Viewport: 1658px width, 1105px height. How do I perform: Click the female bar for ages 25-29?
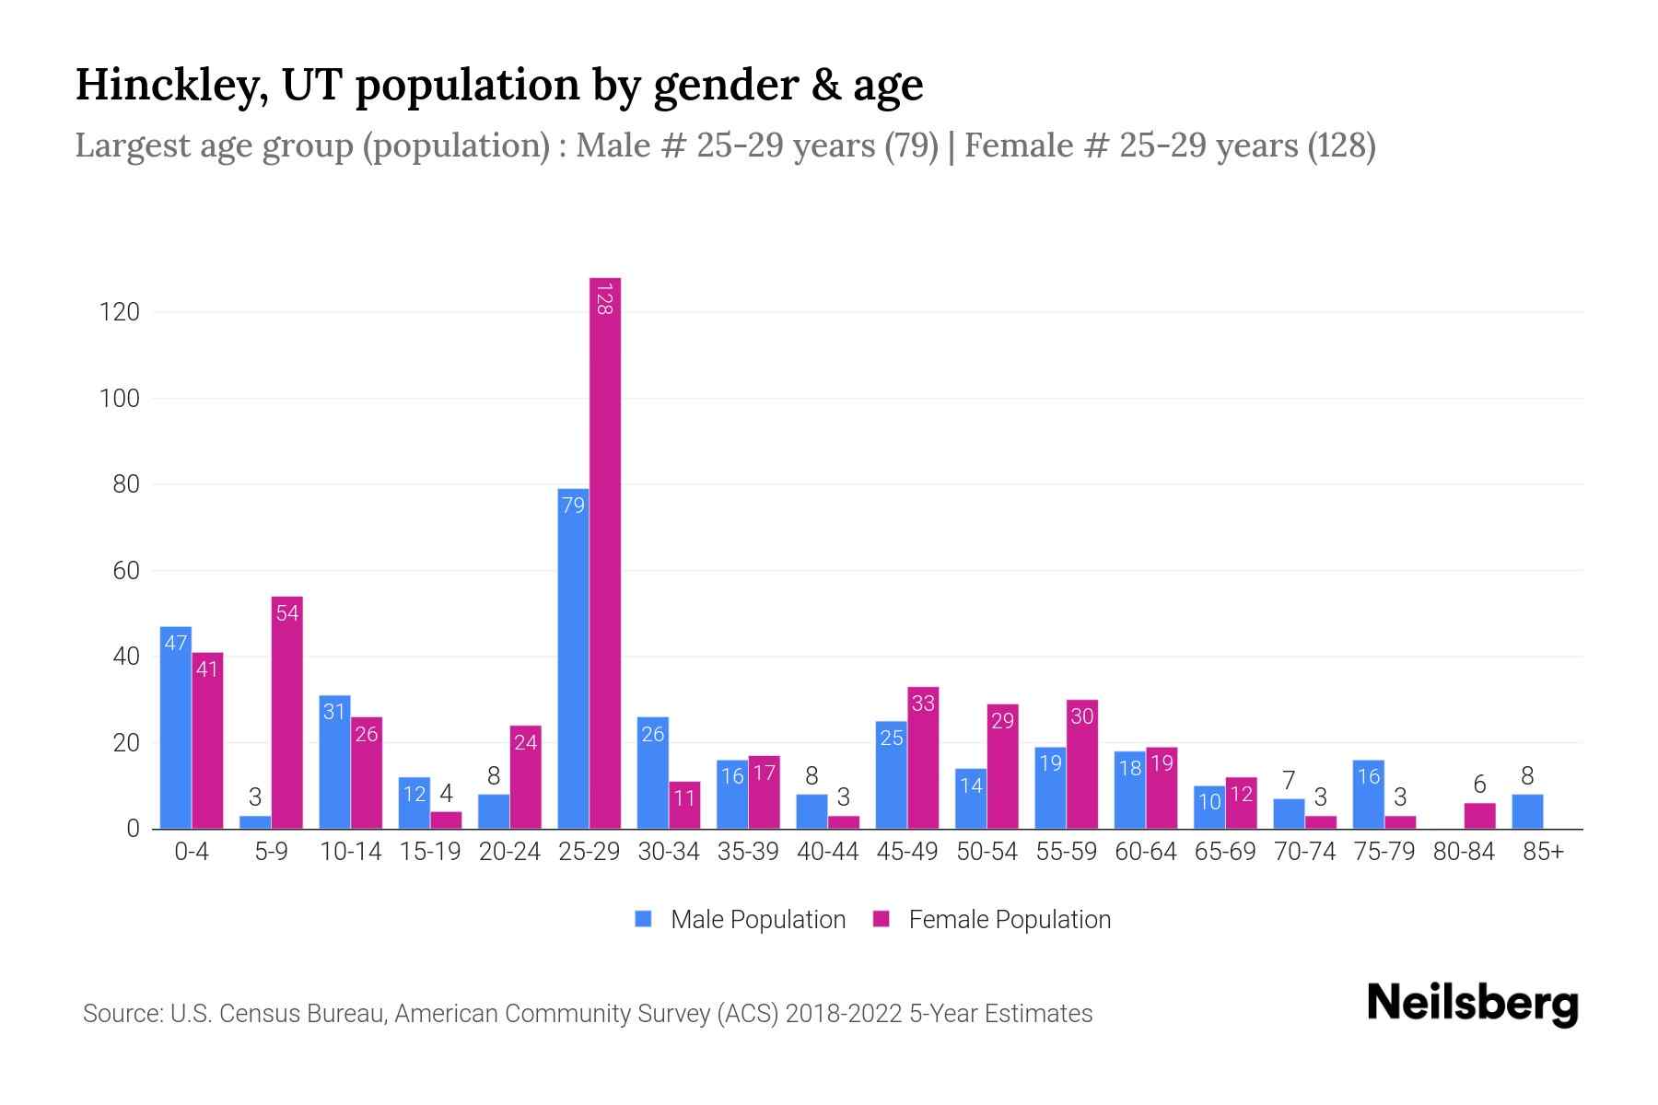pos(605,552)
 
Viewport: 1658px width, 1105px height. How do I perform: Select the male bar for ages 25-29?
pos(573,658)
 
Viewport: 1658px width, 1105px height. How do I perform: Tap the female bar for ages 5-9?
pos(287,713)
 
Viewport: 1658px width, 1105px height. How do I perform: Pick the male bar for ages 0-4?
pos(175,727)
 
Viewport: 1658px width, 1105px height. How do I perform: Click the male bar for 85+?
pos(1527,811)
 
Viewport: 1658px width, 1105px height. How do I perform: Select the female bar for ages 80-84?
pos(1479,816)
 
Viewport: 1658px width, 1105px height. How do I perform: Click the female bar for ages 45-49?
pos(923,758)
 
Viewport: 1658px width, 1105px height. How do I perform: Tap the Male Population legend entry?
pos(741,920)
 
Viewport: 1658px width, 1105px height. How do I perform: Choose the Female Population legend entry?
pos(992,920)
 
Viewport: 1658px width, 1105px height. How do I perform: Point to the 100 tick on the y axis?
pos(120,399)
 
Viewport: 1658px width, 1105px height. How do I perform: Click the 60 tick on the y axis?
pos(125,571)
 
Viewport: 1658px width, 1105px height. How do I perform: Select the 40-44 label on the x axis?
pos(827,852)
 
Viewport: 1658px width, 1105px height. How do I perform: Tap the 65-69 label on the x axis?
pos(1225,852)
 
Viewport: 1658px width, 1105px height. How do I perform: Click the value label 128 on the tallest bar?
pos(604,299)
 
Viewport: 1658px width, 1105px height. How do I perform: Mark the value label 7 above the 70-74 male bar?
pos(1289,781)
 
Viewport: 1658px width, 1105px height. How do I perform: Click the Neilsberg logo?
pos(1472,1003)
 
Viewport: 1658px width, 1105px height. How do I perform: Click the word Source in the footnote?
pos(122,1014)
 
